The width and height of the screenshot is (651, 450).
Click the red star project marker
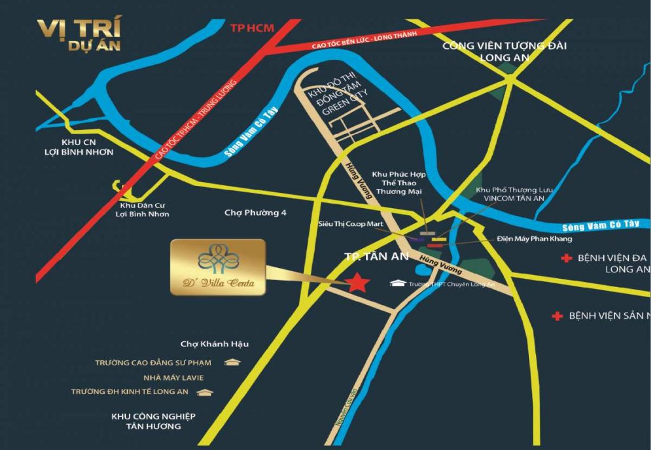358,281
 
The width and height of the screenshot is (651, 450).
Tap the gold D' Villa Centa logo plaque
217,267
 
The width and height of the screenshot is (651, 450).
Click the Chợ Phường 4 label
256,213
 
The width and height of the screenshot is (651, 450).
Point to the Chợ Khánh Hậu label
214,344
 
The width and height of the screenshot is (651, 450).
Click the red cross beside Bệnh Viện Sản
558,316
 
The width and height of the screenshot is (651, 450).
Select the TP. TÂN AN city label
371,258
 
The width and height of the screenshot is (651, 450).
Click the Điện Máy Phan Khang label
535,239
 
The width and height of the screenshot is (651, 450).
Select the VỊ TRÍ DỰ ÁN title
78,35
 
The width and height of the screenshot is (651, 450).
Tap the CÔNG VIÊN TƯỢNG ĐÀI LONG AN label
504,52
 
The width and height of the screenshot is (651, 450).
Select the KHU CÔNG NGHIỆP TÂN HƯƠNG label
153,421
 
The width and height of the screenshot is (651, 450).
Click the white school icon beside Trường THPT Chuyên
398,283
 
